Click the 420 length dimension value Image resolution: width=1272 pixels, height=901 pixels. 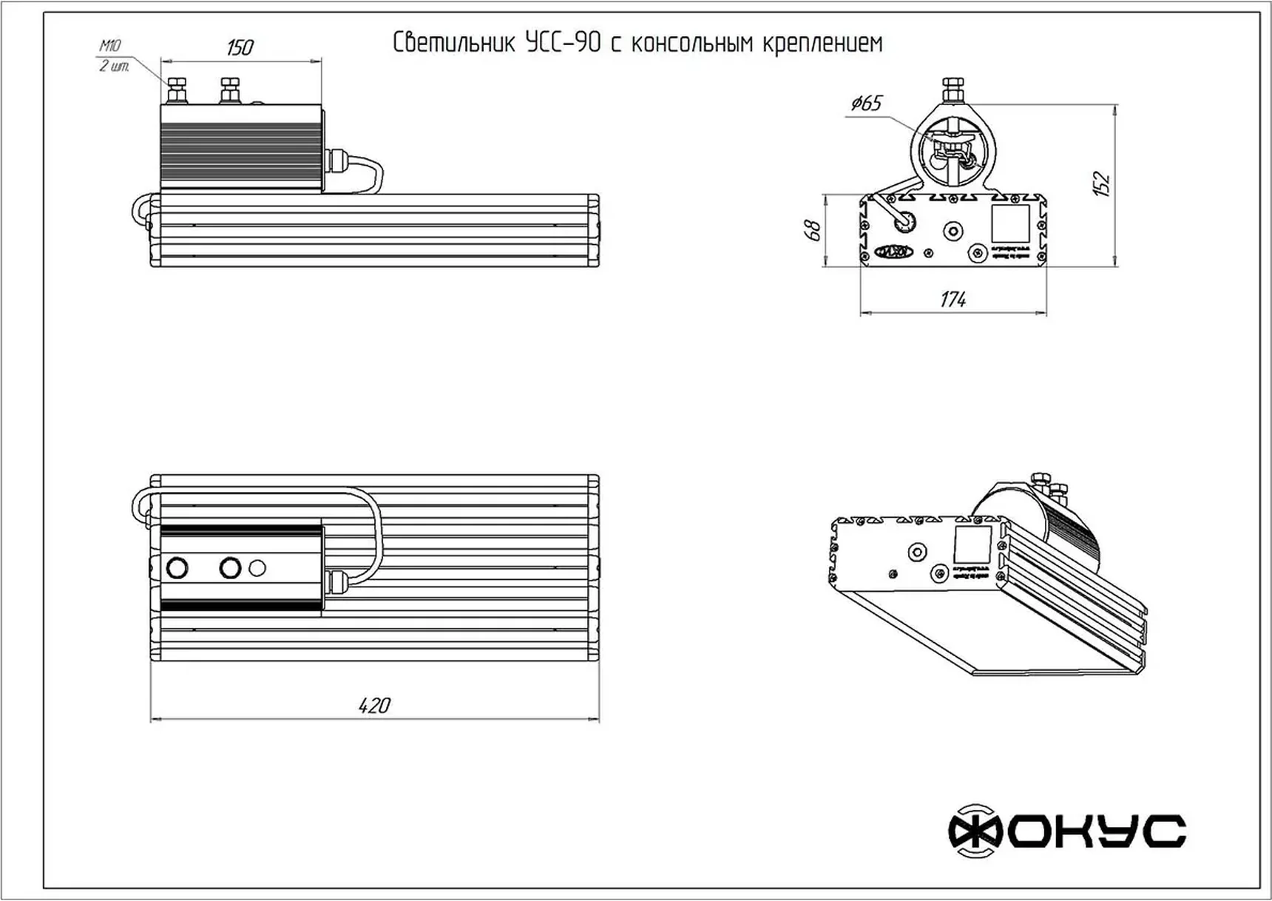click(374, 705)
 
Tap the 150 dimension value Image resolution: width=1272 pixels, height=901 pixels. click(240, 48)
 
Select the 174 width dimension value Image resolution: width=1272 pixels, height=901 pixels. click(953, 300)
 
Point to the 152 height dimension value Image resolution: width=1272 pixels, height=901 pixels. click(1102, 183)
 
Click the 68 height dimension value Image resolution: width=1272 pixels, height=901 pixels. click(813, 230)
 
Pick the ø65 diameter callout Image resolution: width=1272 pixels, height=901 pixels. click(866, 103)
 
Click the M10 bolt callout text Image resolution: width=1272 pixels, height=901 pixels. click(110, 47)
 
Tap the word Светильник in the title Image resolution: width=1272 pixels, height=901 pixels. click(453, 43)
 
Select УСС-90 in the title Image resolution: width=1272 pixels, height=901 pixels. click(563, 43)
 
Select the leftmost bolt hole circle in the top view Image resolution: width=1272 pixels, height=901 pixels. click(177, 568)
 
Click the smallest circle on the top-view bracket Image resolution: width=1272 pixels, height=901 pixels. click(257, 568)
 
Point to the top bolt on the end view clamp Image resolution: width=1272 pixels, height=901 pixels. click(953, 89)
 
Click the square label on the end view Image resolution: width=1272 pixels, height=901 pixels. click(1010, 223)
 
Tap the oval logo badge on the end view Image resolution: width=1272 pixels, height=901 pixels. click(893, 252)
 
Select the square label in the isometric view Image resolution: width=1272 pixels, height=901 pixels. click(972, 544)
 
